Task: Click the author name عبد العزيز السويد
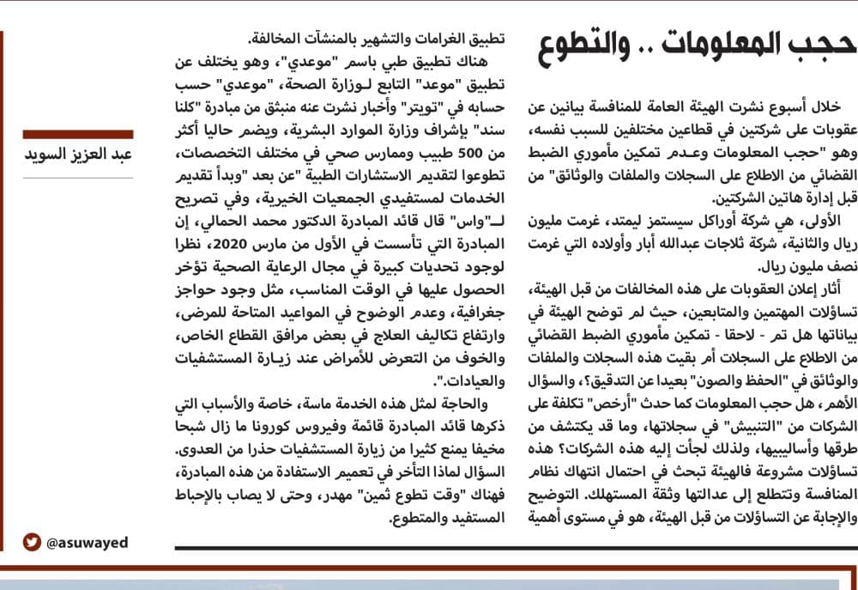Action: click(79, 155)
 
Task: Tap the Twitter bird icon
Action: click(32, 542)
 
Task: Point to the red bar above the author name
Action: click(79, 134)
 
